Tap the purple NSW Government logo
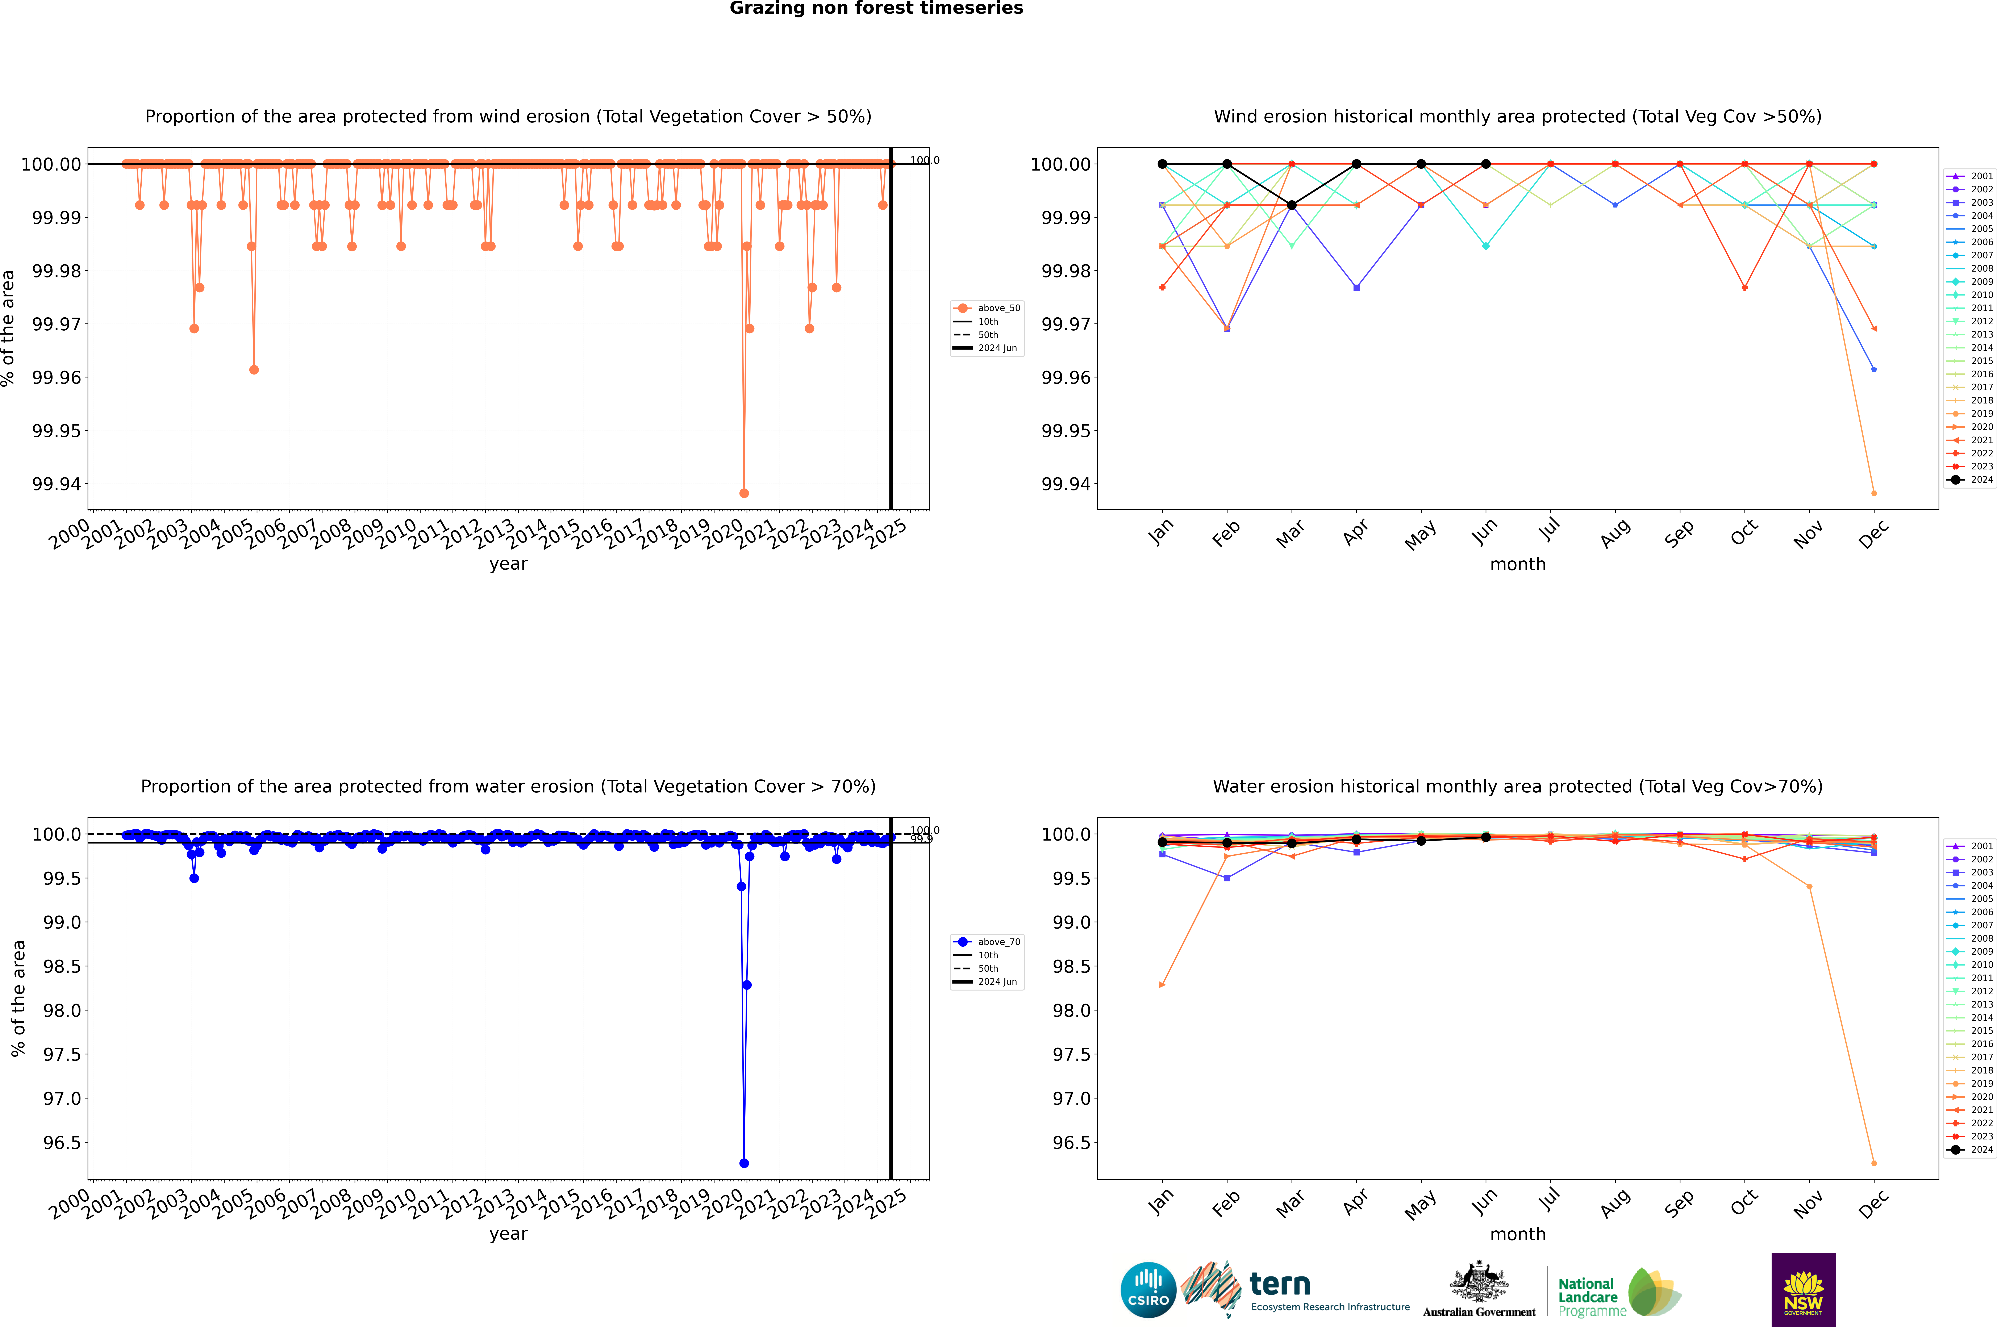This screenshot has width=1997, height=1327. pos(1803,1290)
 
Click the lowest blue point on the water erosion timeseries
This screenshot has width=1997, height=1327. pos(744,1163)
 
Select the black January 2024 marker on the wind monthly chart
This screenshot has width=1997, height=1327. pos(1162,164)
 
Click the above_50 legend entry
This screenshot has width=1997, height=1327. pos(987,308)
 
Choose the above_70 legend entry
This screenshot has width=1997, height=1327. pos(987,942)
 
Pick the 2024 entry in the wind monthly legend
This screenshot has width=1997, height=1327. pos(1970,480)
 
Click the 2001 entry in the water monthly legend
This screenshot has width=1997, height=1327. pos(1970,846)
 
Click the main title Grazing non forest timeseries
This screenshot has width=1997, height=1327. pos(876,8)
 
